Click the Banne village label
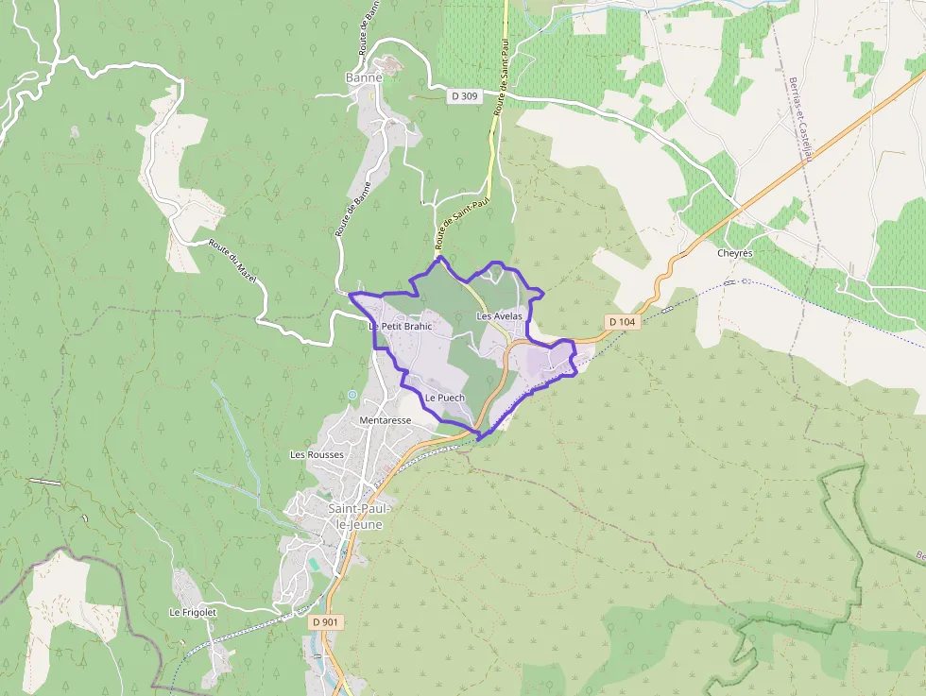pyautogui.click(x=363, y=77)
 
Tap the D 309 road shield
pyautogui.click(x=464, y=95)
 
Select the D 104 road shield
pyautogui.click(x=623, y=322)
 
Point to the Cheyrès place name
pyautogui.click(x=734, y=253)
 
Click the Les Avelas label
pyautogui.click(x=500, y=316)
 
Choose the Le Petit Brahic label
pyautogui.click(x=400, y=327)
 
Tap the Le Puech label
pyautogui.click(x=444, y=398)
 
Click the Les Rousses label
pyautogui.click(x=317, y=454)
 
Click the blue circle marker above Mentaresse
pyautogui.click(x=352, y=395)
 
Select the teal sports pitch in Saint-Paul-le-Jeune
pyautogui.click(x=313, y=564)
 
